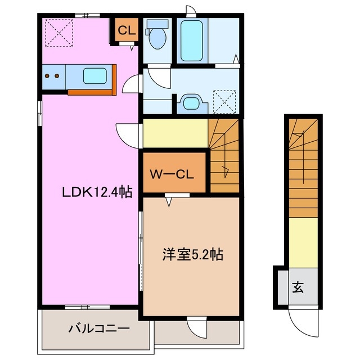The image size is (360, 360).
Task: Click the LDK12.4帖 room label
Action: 97,192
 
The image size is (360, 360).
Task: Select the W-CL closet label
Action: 172,174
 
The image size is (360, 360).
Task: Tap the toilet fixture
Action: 157,37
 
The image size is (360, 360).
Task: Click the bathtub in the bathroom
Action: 192,40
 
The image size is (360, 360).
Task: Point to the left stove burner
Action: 48,75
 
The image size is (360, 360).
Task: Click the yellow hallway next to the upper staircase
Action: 175,133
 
